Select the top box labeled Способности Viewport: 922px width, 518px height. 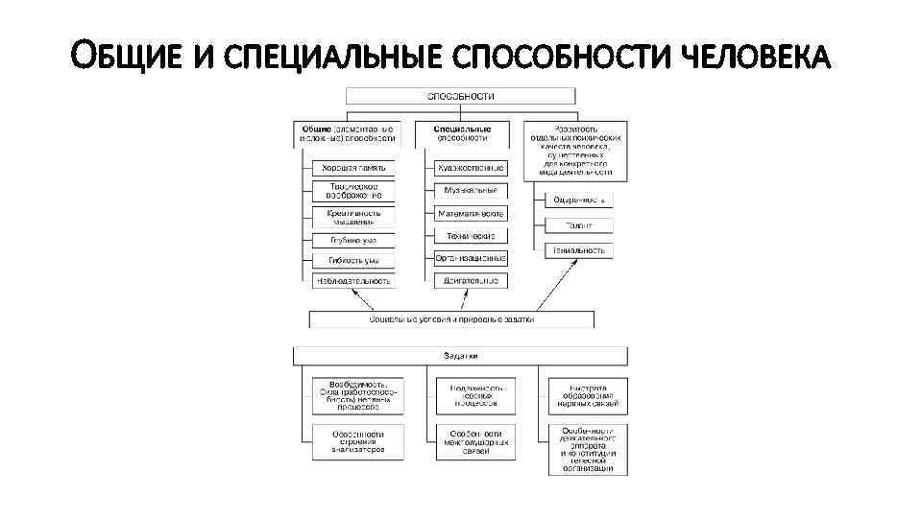(x=460, y=96)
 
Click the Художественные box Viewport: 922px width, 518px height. (x=471, y=168)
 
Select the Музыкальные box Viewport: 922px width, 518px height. (x=471, y=191)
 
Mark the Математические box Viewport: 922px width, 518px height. (x=471, y=213)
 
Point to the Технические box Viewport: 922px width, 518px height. (x=471, y=236)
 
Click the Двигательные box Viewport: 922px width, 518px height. (x=471, y=281)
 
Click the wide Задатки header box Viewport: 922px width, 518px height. (x=460, y=355)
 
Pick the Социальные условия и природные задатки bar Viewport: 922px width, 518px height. (x=450, y=318)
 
